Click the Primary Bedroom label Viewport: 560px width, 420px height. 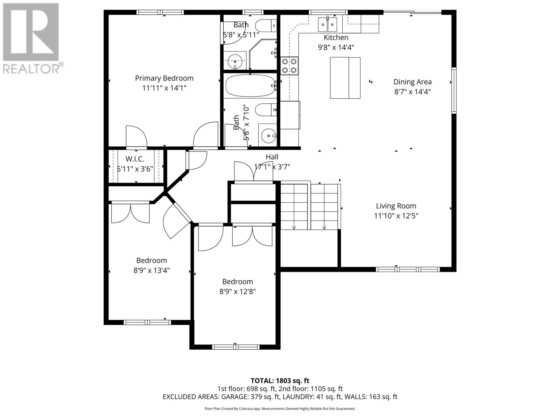(x=164, y=78)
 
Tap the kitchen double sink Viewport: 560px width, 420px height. (x=327, y=24)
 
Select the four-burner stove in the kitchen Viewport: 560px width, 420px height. (x=289, y=65)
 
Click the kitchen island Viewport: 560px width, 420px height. (x=345, y=78)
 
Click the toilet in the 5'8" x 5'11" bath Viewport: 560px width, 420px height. (x=265, y=26)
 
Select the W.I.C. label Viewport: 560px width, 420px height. (x=135, y=159)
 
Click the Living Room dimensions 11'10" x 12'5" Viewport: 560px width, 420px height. (x=396, y=216)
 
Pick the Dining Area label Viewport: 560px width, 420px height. (x=412, y=82)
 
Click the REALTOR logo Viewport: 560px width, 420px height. (x=31, y=38)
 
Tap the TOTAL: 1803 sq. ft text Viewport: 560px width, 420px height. (x=280, y=380)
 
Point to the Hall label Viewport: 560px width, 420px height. (x=272, y=157)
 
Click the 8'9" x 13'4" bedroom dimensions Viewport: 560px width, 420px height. (x=152, y=270)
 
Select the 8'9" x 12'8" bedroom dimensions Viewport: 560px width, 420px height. (x=238, y=291)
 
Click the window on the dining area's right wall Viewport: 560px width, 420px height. (x=454, y=90)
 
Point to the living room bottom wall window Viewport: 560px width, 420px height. (x=407, y=269)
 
